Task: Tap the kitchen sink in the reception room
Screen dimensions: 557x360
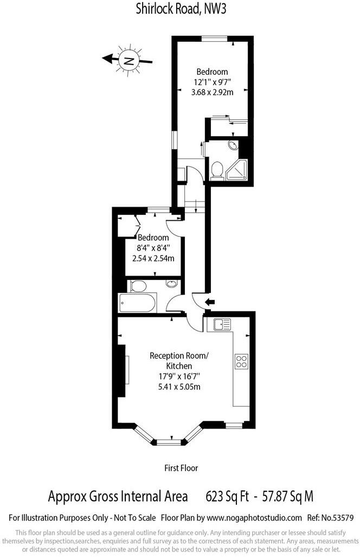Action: point(222,325)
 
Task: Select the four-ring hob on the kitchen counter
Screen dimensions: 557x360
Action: point(242,361)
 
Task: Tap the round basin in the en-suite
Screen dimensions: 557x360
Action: point(233,145)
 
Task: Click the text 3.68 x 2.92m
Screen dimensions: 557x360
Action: point(212,92)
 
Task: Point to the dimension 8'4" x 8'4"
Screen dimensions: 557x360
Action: point(153,248)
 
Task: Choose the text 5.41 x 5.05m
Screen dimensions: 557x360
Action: point(178,387)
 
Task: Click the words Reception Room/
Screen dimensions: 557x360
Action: point(178,356)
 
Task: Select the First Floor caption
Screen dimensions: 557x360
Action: point(181,468)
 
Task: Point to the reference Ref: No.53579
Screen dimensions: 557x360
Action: point(330,518)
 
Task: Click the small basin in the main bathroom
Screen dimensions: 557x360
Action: point(171,285)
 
